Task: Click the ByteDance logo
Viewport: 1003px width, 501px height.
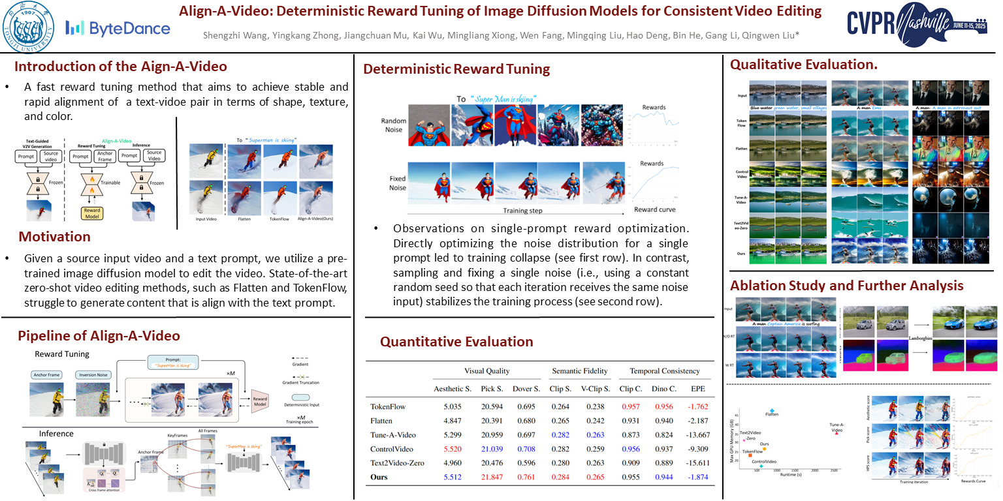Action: click(x=118, y=28)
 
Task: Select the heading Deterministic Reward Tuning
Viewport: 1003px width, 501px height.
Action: click(x=456, y=69)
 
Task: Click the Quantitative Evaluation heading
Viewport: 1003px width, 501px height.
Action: click(x=456, y=342)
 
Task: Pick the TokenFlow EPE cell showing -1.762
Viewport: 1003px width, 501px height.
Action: click(x=698, y=406)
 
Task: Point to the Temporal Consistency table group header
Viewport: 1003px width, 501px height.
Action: click(x=665, y=371)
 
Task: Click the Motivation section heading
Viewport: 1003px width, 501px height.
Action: click(x=54, y=236)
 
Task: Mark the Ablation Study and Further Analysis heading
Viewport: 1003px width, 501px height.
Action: click(x=847, y=285)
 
